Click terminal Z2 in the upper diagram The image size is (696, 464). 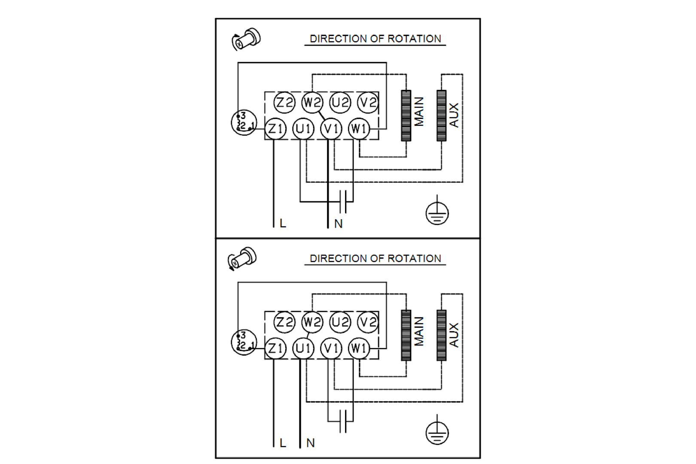(284, 103)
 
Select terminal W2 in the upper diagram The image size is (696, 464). (312, 103)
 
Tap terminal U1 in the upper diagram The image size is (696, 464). (303, 129)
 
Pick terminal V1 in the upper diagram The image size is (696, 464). (331, 129)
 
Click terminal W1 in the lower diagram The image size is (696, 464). (359, 348)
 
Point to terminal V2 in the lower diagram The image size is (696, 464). (368, 322)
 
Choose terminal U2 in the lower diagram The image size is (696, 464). (340, 322)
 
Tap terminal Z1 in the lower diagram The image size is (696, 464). (275, 348)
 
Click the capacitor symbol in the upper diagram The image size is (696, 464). (343, 201)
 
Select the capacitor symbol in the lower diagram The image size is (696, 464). (343, 421)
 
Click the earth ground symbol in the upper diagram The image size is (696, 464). (437, 213)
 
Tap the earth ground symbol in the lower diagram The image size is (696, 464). (437, 432)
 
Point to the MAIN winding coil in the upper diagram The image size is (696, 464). (406, 116)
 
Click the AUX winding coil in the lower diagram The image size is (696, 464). (441, 335)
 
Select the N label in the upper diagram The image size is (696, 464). (338, 224)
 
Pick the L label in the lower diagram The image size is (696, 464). (282, 443)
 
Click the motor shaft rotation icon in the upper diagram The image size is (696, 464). (246, 39)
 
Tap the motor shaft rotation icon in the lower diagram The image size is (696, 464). (242, 259)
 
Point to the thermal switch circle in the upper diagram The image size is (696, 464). (244, 122)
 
